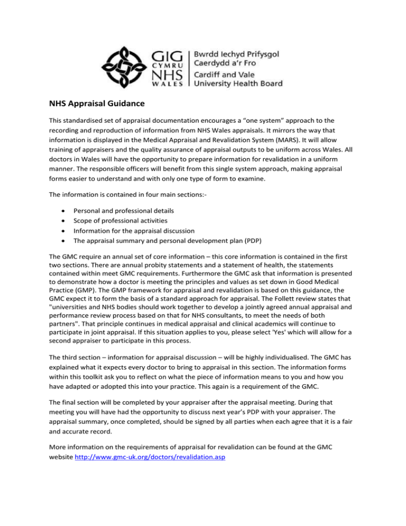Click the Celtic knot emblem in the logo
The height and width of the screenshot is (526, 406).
(x=126, y=62)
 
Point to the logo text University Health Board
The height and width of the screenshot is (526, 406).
(x=238, y=84)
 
